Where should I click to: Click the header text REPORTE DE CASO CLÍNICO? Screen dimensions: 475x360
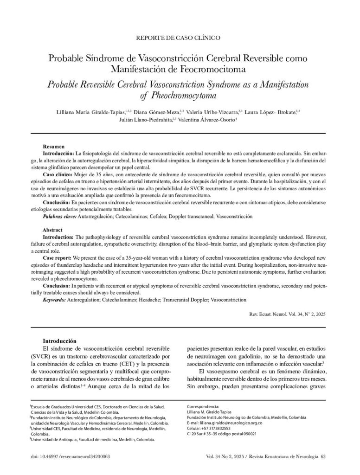pyautogui.click(x=180, y=37)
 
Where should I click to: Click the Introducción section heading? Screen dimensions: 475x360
pyautogui.click(x=64, y=341)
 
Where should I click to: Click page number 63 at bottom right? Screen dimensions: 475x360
pyautogui.click(x=323, y=456)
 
